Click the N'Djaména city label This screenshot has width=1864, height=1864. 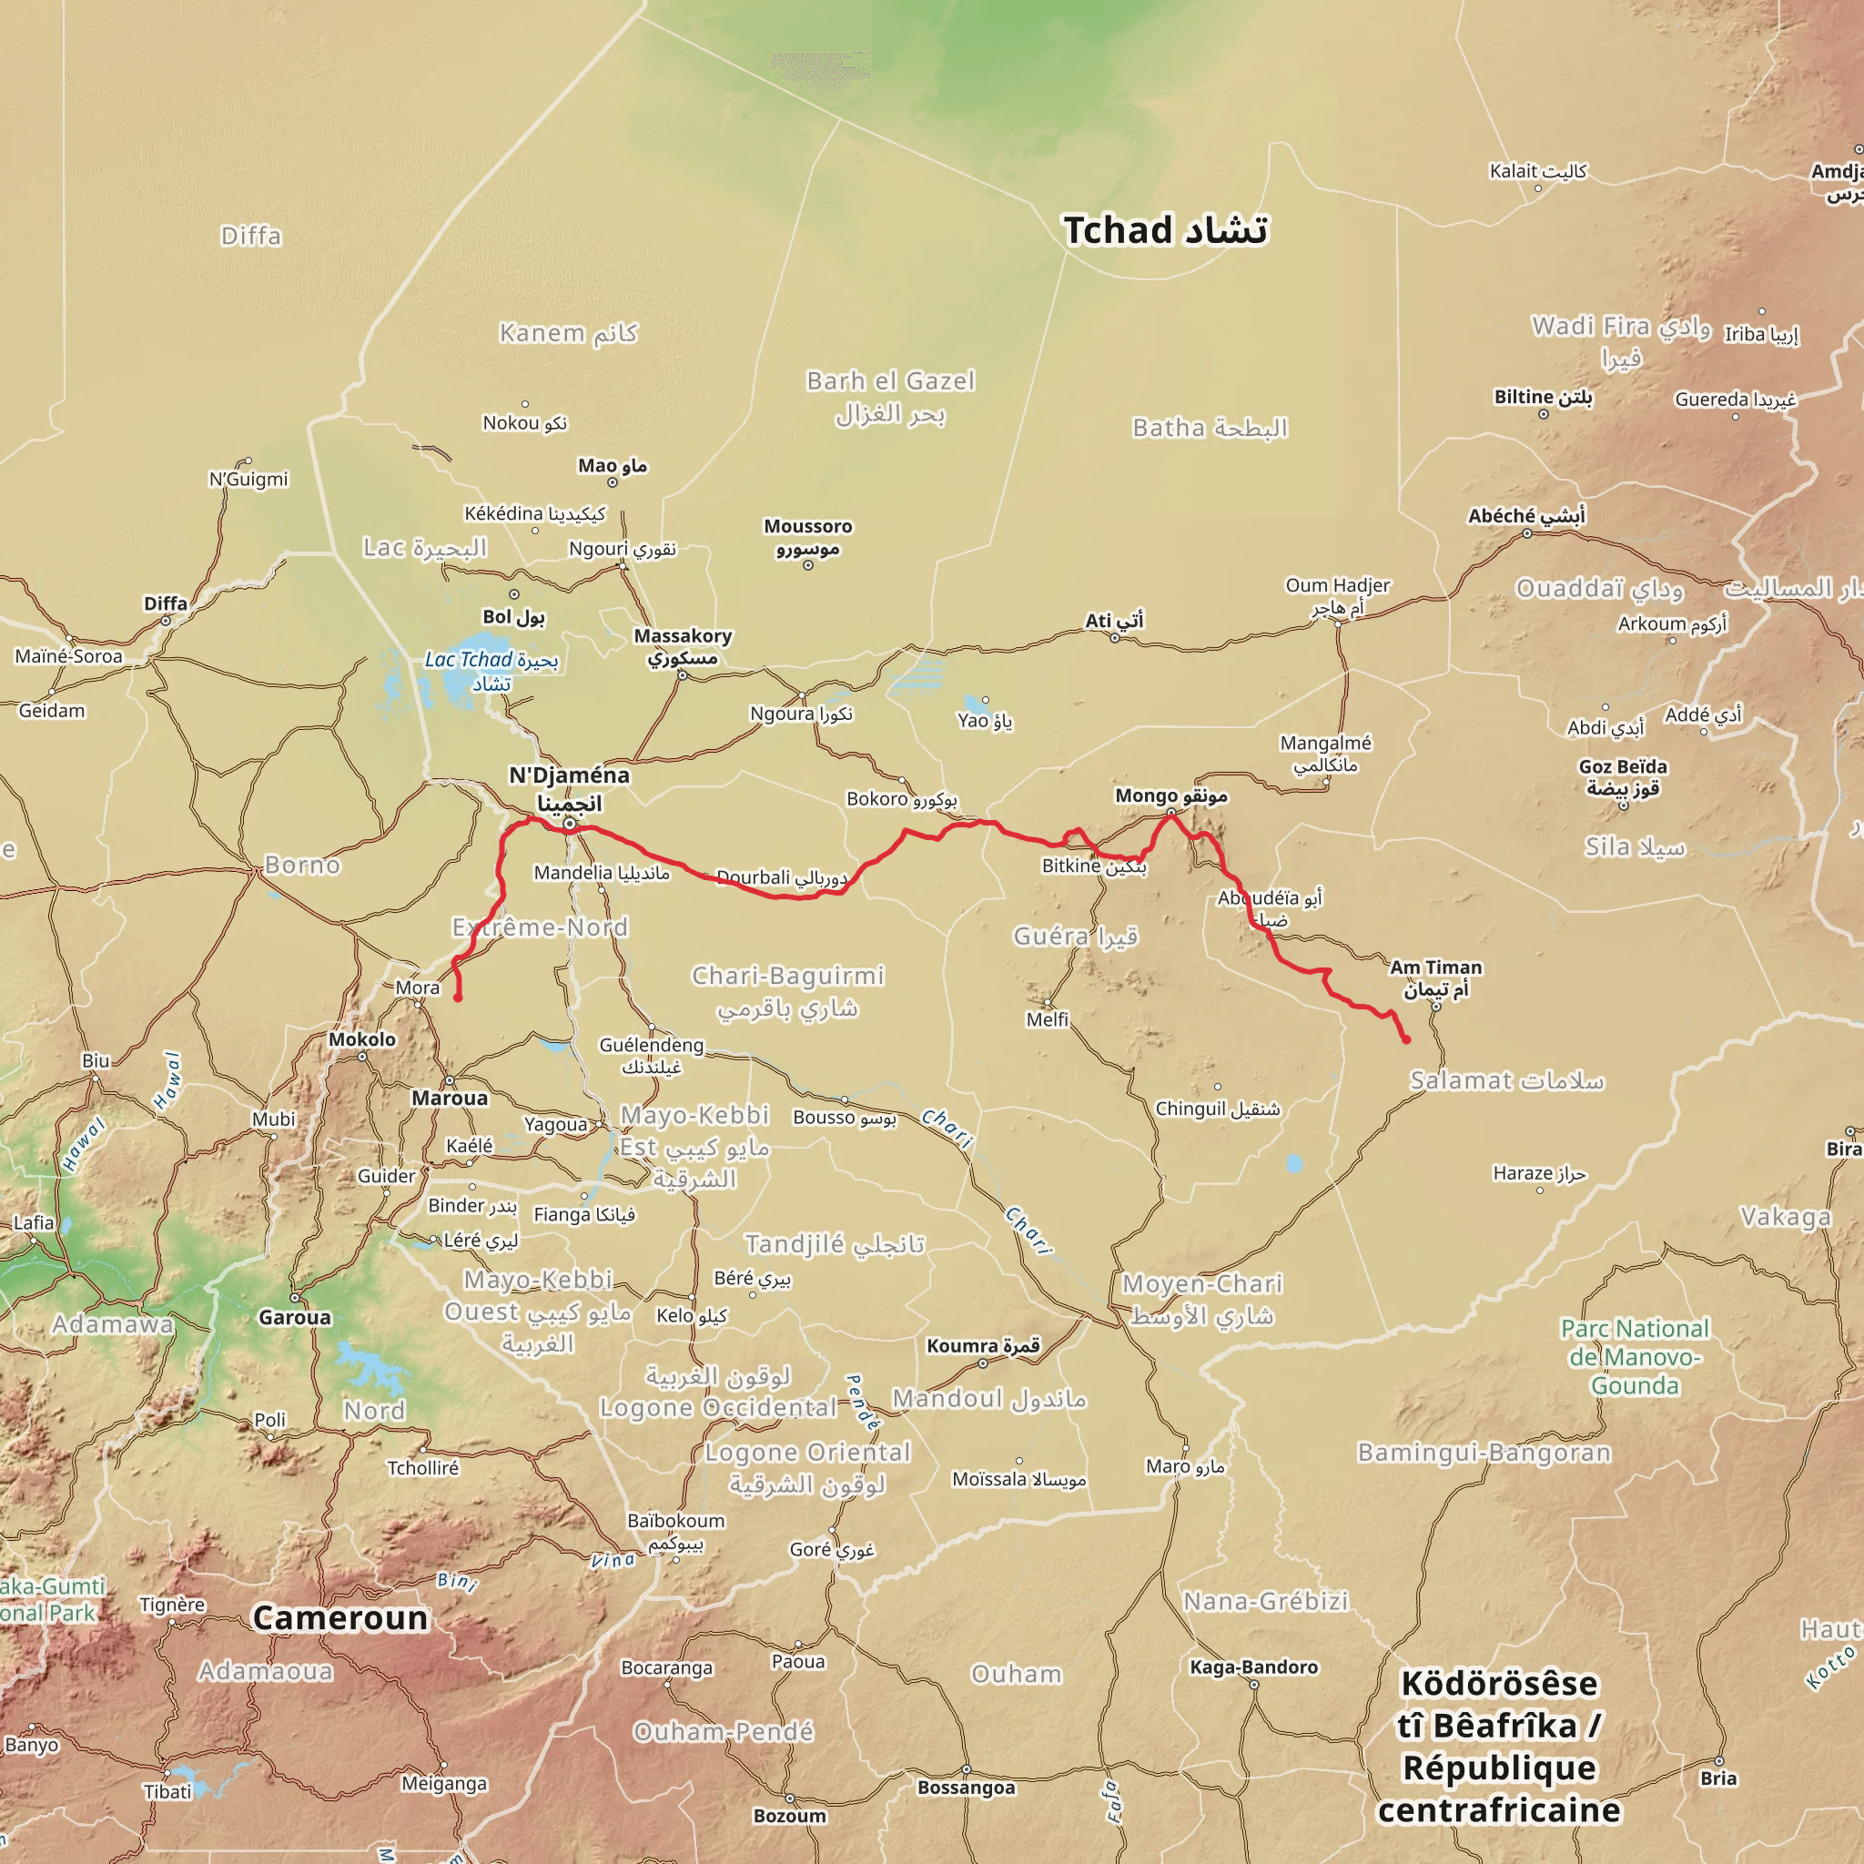569,788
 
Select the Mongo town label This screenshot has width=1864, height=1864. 1170,796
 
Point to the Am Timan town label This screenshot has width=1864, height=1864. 1434,978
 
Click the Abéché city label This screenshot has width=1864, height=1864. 1525,516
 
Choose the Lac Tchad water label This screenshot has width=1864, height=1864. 491,671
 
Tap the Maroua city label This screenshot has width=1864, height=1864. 450,1098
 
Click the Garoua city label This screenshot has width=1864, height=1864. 294,1317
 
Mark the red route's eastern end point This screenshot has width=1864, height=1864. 1405,1039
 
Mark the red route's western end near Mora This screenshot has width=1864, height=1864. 457,998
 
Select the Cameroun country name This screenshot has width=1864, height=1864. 339,1617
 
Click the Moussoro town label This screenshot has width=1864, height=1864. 807,537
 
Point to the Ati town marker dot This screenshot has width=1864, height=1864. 1114,638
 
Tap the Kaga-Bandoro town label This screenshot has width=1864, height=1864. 1253,1666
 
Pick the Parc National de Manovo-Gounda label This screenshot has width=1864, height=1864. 1635,1356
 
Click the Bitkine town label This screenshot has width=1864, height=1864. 1093,866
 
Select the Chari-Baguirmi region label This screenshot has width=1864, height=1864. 787,991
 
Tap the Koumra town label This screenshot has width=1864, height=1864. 982,1346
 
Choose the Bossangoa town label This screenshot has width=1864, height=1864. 966,1788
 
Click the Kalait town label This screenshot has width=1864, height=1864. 1537,171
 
